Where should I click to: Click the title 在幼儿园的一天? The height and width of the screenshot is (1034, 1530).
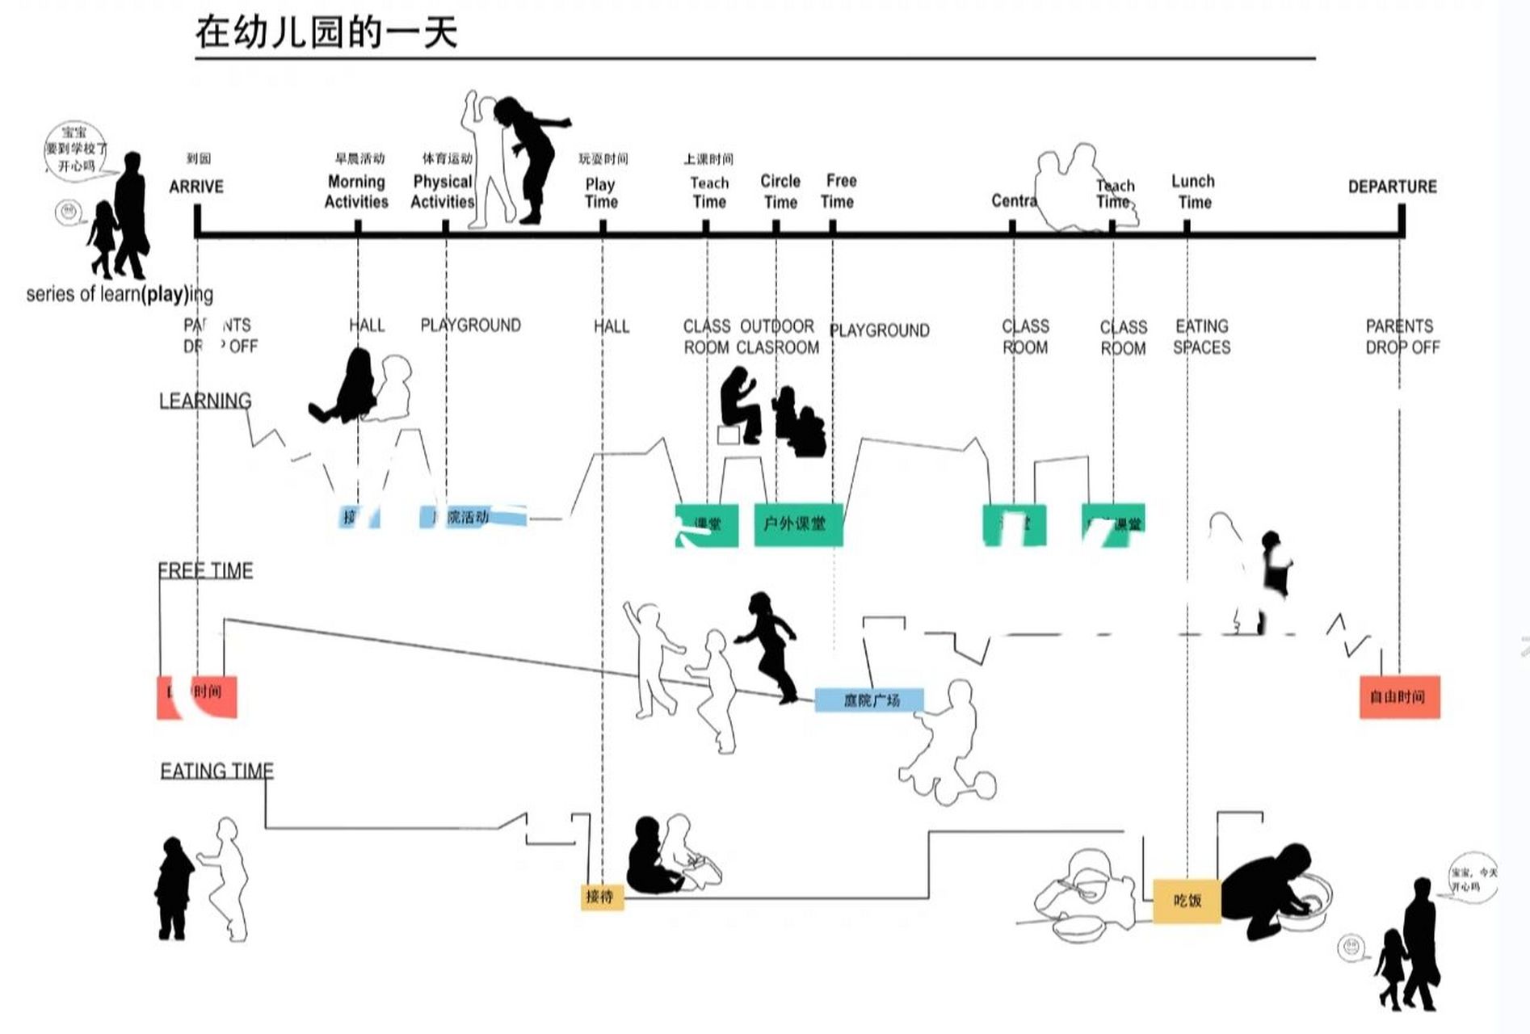[326, 32]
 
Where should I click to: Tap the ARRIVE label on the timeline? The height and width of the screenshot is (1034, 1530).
[196, 187]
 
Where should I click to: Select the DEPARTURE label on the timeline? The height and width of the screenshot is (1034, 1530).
[1392, 187]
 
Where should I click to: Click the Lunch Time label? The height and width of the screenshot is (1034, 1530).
[1193, 191]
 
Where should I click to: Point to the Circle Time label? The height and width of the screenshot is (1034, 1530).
[780, 191]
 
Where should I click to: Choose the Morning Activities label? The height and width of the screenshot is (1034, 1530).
[356, 191]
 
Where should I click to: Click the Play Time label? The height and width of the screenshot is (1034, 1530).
[600, 193]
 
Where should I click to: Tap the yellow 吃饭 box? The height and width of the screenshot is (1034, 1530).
[1187, 900]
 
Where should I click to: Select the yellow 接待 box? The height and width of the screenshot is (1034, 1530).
[602, 896]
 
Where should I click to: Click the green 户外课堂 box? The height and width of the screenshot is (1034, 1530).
[798, 524]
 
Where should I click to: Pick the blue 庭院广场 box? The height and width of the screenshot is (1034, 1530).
[869, 700]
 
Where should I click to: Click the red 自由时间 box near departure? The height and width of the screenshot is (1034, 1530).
[1399, 696]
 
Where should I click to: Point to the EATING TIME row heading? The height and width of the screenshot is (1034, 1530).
[216, 771]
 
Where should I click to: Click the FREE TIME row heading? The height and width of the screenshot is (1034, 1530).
[205, 570]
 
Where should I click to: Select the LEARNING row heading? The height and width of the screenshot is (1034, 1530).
[205, 401]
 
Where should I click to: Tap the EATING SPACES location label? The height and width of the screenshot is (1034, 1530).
[1201, 337]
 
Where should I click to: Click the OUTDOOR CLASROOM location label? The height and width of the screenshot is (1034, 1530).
[777, 337]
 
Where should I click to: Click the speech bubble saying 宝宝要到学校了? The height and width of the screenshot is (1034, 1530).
[76, 149]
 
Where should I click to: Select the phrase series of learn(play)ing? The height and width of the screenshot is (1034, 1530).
[120, 294]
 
